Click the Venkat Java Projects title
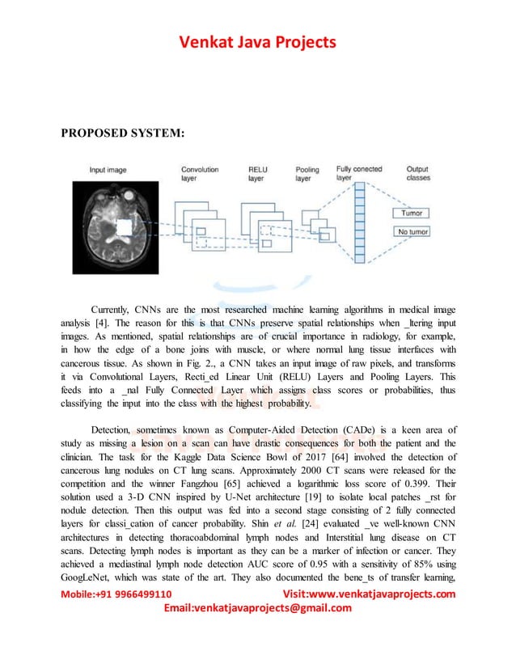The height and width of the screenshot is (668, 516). [257, 42]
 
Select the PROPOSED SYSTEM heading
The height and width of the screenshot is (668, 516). [123, 133]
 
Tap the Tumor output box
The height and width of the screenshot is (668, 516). [412, 214]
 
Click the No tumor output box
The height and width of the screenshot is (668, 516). [412, 232]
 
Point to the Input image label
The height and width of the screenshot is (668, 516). [109, 171]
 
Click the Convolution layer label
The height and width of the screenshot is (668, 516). [201, 174]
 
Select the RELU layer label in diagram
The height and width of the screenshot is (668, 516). [260, 174]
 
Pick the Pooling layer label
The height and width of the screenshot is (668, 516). [307, 174]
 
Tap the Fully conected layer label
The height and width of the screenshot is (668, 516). [359, 173]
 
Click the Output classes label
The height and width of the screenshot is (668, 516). [418, 173]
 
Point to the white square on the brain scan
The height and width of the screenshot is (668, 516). [124, 228]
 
